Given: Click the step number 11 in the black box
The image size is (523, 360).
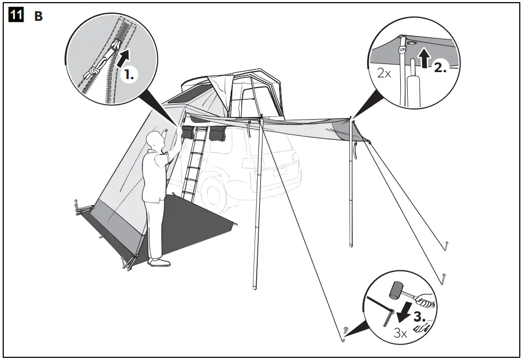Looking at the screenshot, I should pyautogui.click(x=16, y=15).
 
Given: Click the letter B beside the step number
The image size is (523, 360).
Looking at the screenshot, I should pyautogui.click(x=38, y=17).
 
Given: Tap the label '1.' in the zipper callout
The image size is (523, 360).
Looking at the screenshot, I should pyautogui.click(x=128, y=75).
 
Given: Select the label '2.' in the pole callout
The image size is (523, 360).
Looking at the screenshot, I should pyautogui.click(x=440, y=67).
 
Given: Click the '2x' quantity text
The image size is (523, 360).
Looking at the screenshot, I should pyautogui.click(x=384, y=73).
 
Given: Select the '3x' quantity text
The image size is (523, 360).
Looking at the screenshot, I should pyautogui.click(x=401, y=333).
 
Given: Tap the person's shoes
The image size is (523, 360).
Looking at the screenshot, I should pyautogui.click(x=160, y=262).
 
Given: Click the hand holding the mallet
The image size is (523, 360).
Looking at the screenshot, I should pyautogui.click(x=427, y=301).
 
